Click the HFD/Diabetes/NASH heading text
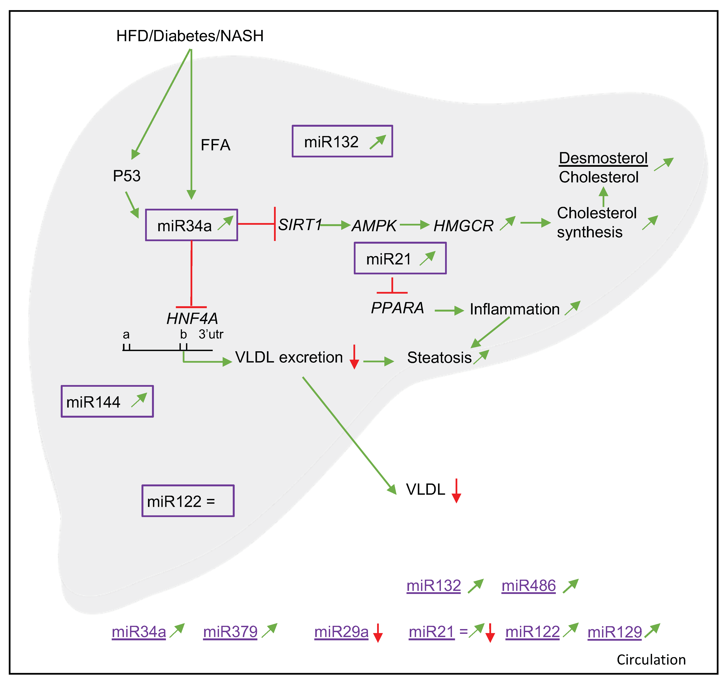click(190, 36)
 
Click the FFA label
click(215, 145)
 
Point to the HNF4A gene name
click(192, 319)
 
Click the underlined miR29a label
click(341, 632)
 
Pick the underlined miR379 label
click(230, 632)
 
